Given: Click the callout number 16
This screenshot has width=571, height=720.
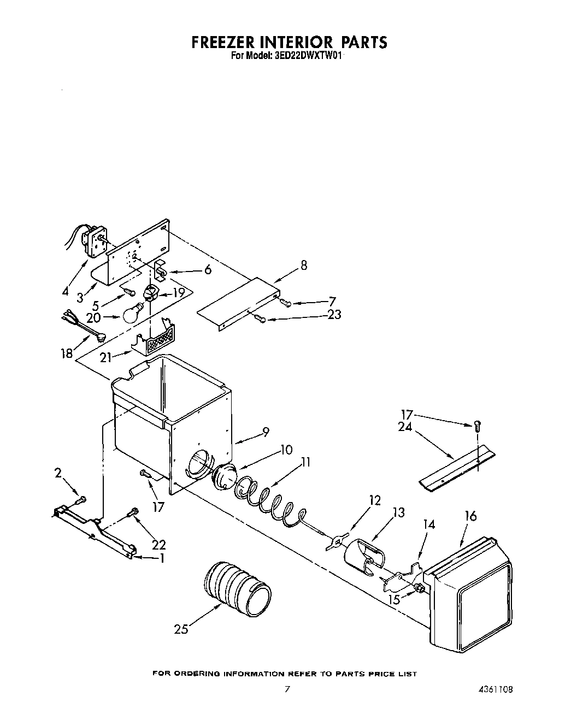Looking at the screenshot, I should click(470, 515).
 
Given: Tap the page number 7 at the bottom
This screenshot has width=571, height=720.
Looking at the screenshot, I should click(286, 689).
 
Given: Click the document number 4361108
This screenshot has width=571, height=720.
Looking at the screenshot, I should click(493, 689).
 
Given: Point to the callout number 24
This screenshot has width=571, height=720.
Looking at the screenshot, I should click(405, 428).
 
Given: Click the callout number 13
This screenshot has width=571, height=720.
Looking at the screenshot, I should click(398, 512).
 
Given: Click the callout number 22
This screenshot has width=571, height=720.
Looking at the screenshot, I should click(159, 545).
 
